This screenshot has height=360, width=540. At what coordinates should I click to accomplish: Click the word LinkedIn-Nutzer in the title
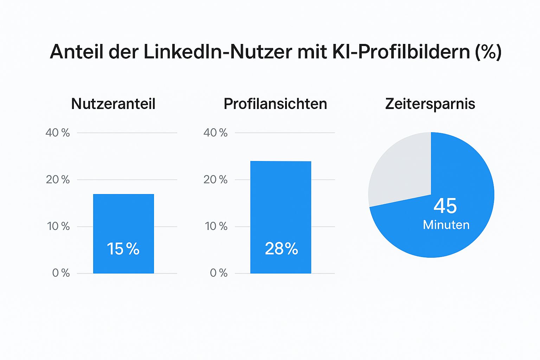click(218, 52)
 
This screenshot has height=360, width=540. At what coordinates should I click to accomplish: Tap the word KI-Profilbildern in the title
click(401, 52)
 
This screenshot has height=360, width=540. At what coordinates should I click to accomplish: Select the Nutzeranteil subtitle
click(113, 104)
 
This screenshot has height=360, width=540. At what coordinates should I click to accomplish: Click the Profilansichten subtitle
click(275, 104)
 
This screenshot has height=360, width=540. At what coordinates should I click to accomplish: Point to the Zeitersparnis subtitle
click(430, 104)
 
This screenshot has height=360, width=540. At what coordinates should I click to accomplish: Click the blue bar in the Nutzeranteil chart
click(123, 218)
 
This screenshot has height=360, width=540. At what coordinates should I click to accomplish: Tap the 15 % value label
click(123, 249)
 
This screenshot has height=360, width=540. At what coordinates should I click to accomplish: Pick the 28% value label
click(281, 249)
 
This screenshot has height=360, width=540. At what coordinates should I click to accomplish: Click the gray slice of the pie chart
click(401, 169)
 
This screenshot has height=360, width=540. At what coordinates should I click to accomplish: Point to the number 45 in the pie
click(445, 206)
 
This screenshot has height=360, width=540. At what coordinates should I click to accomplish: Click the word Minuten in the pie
click(446, 225)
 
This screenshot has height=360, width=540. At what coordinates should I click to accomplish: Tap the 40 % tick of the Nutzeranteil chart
click(58, 133)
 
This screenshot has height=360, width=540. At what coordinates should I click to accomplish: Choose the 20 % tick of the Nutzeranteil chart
click(58, 180)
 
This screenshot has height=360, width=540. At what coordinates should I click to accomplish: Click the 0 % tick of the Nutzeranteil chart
click(61, 273)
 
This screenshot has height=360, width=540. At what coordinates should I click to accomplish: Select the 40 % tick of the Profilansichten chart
click(215, 133)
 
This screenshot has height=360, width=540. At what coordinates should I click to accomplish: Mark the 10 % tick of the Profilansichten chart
click(216, 226)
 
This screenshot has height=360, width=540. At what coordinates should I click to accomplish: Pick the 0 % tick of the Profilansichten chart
click(219, 273)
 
